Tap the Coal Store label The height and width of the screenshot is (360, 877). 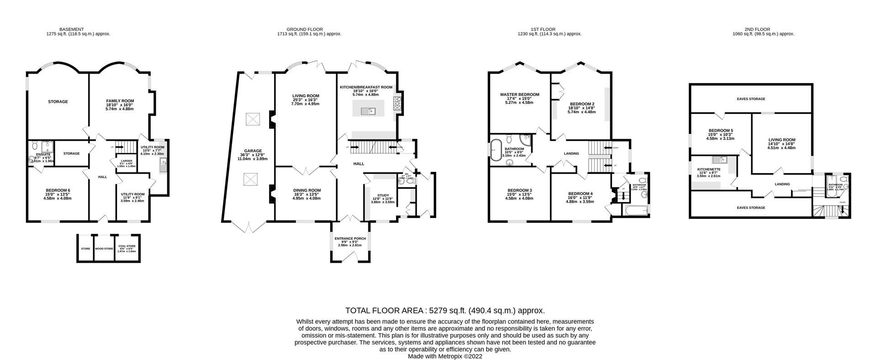[x=127, y=247]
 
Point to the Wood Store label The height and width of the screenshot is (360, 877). [x=104, y=249]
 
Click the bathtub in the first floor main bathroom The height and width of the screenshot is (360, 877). [x=495, y=150]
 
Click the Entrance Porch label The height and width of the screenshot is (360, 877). [x=349, y=238]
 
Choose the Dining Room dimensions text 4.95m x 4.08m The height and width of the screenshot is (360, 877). [x=306, y=199]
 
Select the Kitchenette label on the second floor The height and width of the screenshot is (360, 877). [x=708, y=169]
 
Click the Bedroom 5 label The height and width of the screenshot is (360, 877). [x=720, y=131]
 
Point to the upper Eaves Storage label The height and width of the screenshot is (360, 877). [x=750, y=99]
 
